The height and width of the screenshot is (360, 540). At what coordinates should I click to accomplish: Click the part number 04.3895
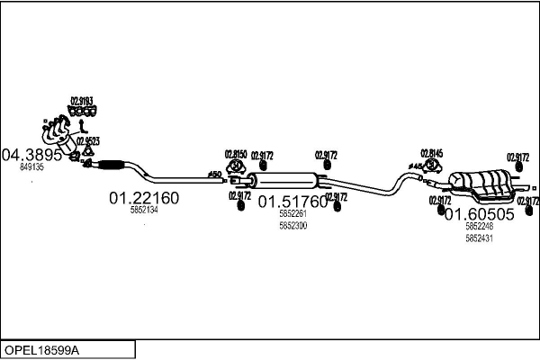coord(31,154)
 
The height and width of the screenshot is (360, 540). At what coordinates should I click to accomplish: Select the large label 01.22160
coord(144,197)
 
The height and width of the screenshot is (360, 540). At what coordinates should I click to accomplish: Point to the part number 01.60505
coord(480,214)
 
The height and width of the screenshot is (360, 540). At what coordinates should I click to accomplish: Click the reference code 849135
coord(31,167)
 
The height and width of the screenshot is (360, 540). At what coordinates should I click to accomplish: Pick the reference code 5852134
coord(144,210)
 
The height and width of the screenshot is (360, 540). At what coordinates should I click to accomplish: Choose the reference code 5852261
coord(293,214)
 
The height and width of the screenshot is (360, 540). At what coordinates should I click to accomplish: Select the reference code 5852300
coord(293,226)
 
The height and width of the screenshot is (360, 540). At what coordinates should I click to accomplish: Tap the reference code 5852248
coord(480,227)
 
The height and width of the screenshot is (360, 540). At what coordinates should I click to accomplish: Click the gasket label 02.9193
coord(82,101)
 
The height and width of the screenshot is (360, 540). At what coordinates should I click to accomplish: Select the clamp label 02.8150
coord(235,154)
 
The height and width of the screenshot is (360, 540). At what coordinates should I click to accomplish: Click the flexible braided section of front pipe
coord(111,164)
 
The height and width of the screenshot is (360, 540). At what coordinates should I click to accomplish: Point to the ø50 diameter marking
coord(214,173)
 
